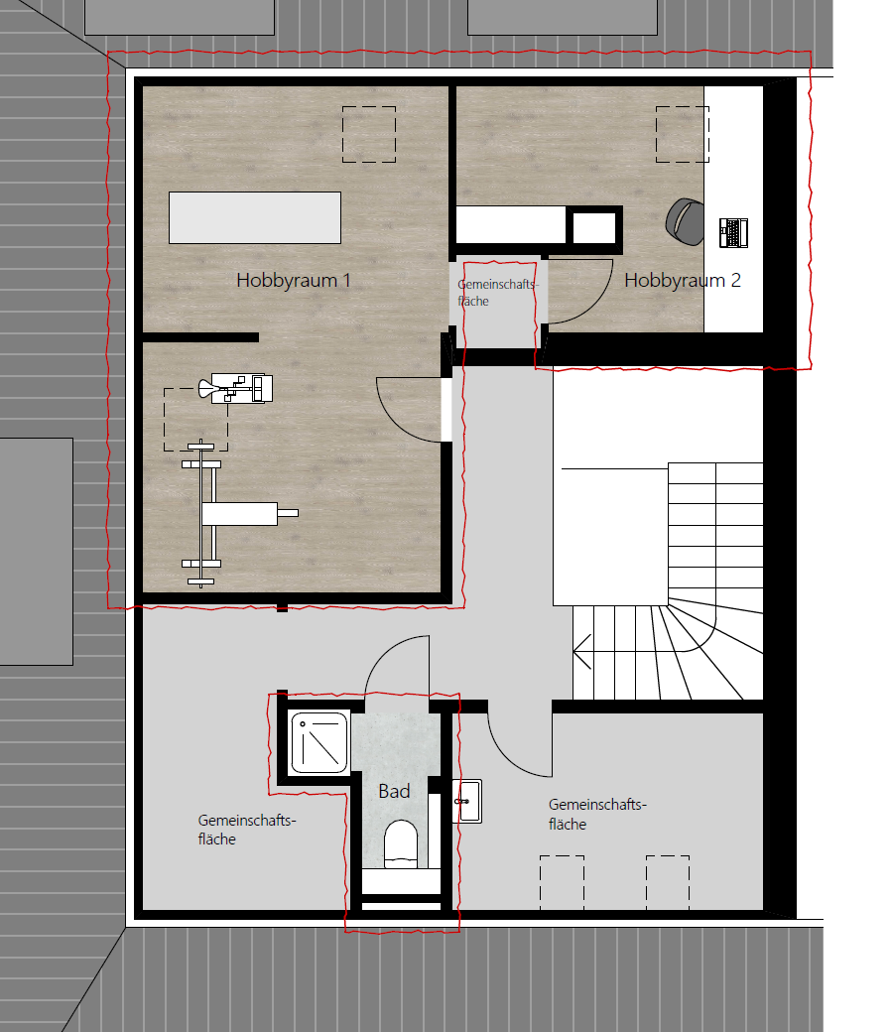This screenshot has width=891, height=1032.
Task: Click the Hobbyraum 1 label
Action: pos(294,281)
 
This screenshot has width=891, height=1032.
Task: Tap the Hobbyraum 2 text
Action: pos(683,281)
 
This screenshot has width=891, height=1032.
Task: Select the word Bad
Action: pos(394,791)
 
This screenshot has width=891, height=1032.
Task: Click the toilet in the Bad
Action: pos(401,843)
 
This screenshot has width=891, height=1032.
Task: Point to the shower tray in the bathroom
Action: pos(319,742)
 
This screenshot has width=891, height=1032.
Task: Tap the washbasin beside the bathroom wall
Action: pos(468,801)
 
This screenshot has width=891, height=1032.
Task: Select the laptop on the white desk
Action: pos(733,232)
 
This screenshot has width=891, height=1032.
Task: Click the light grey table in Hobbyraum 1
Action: pos(255,218)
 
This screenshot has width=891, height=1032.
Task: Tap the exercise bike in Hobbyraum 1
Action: pos(235,388)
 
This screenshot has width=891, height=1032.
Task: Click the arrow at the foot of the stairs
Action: pos(582,652)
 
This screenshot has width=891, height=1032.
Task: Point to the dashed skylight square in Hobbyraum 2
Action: pos(683,134)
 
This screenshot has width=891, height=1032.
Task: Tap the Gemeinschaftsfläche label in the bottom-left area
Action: pos(247,830)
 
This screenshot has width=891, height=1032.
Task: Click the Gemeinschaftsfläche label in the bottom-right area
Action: pos(597,814)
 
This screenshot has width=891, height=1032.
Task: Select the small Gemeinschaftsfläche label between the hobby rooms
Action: pos(497,293)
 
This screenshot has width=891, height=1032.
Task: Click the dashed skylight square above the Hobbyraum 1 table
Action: pos(369,134)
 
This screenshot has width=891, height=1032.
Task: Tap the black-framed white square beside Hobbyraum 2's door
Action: pos(594,228)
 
